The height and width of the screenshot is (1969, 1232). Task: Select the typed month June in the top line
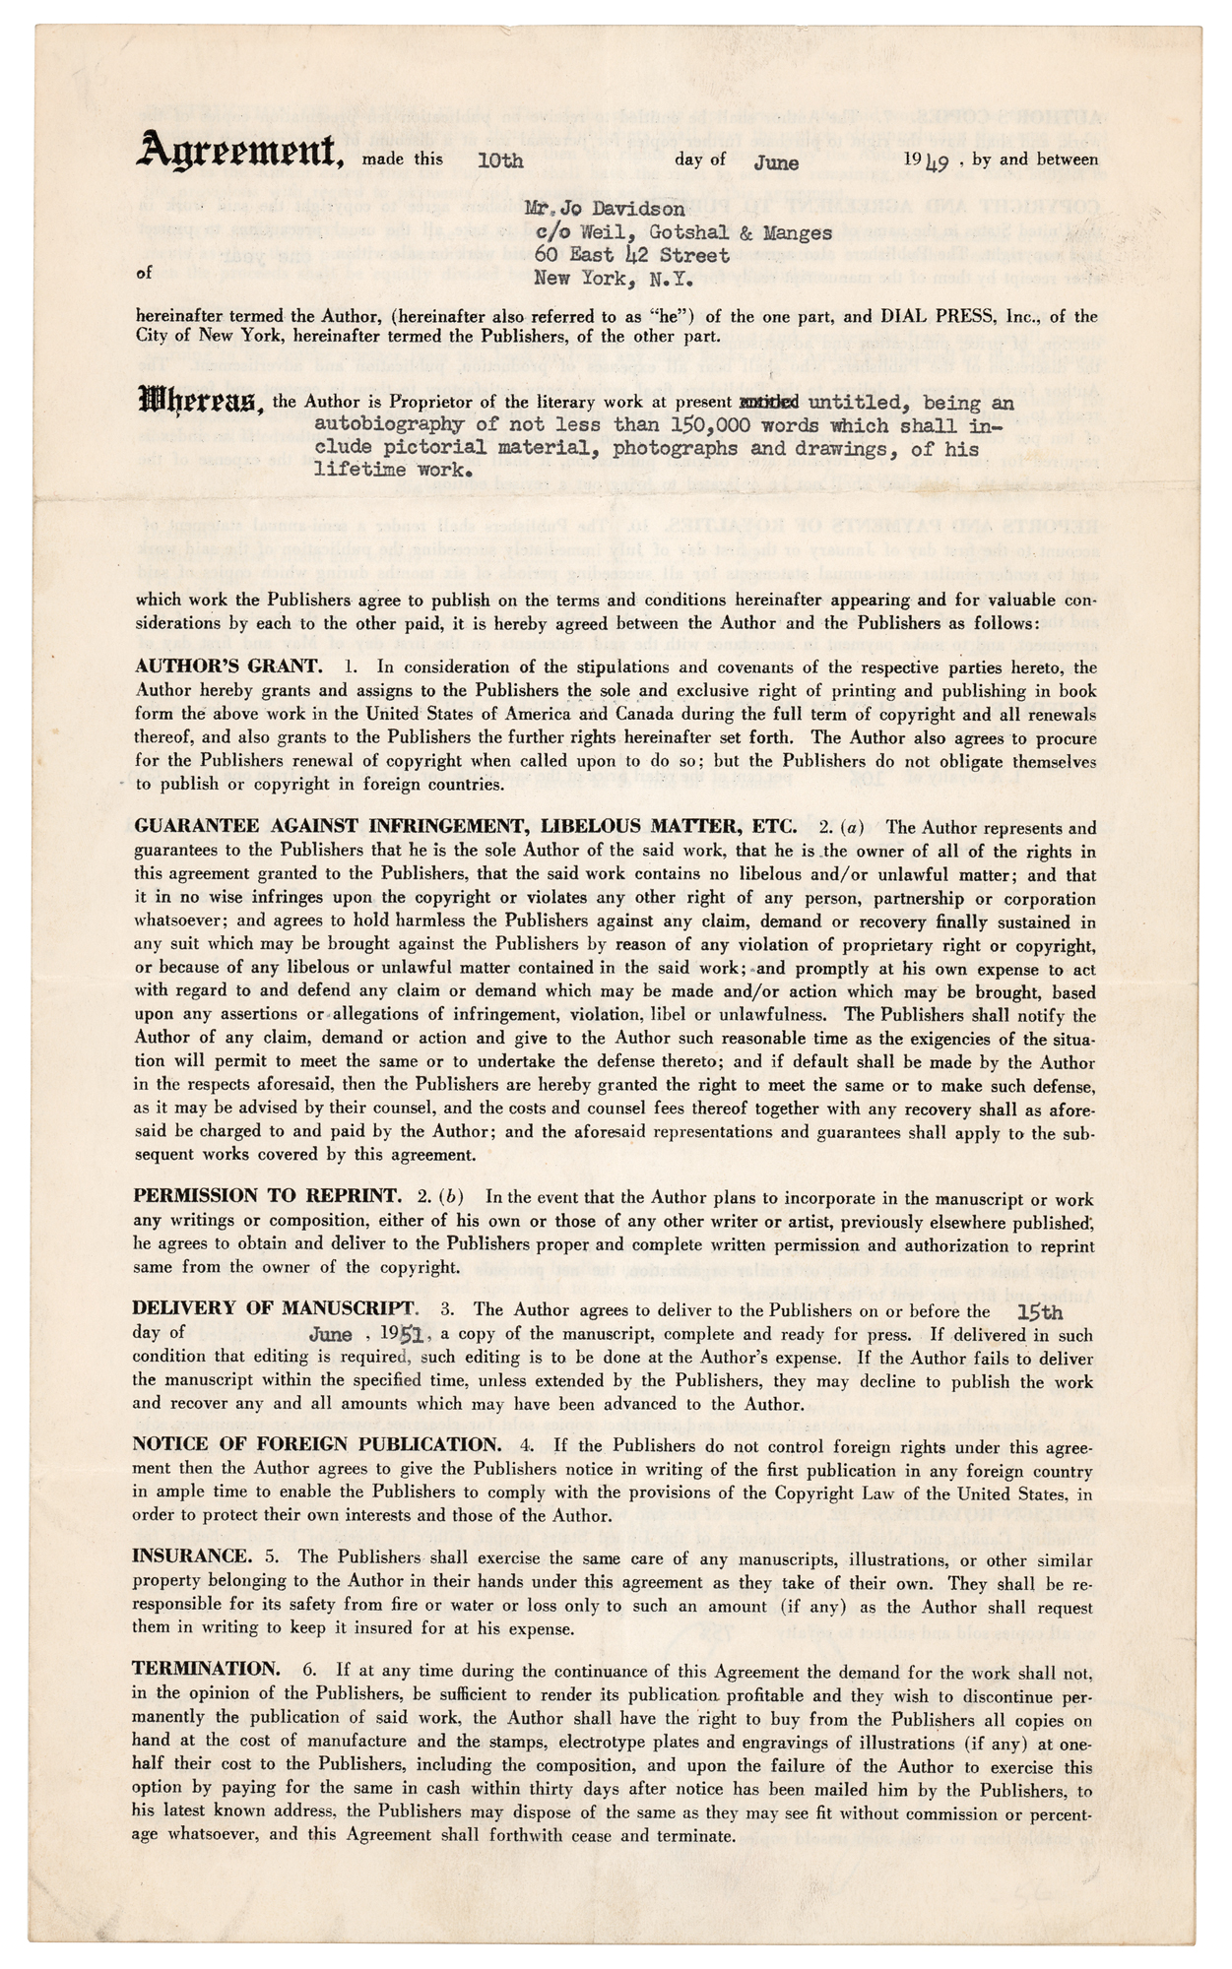point(776,162)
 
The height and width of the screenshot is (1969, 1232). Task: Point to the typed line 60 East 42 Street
point(631,255)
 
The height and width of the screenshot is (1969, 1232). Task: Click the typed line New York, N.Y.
point(614,278)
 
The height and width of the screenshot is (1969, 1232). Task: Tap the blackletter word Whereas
point(200,403)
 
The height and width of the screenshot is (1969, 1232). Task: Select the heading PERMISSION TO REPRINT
point(267,1197)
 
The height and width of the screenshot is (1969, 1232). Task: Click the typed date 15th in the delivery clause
point(1039,1312)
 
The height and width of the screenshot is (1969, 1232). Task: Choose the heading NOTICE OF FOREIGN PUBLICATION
point(317,1444)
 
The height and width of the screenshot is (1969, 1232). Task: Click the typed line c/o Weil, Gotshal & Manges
point(683,233)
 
